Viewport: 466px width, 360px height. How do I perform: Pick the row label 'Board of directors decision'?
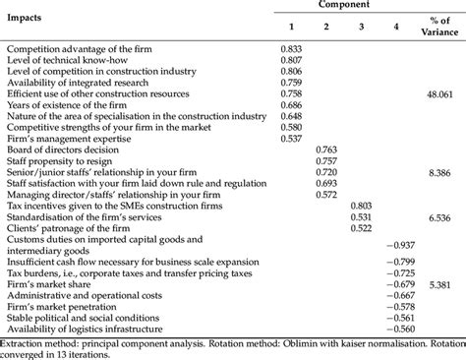tap(65, 150)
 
